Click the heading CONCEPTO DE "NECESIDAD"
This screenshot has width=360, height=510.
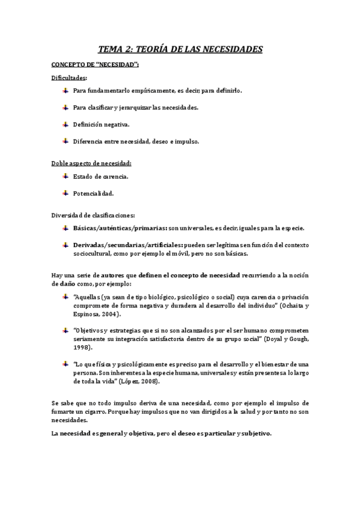(95, 65)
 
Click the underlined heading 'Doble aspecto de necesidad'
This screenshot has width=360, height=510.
(91, 164)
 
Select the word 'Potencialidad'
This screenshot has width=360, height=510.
(93, 194)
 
